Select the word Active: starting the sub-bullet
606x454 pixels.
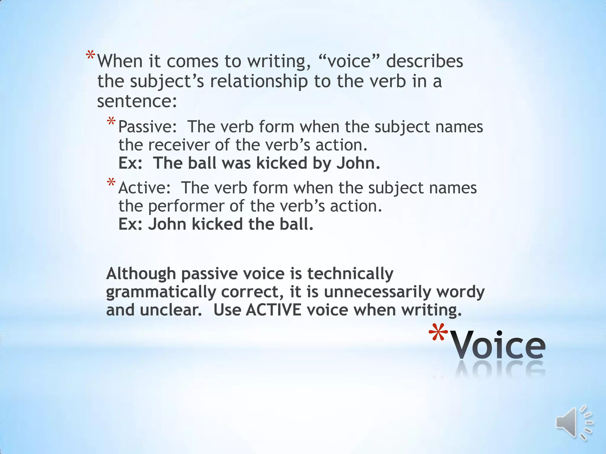pos(144,188)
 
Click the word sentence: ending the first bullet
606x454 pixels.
pos(137,101)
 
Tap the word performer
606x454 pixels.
pos(186,206)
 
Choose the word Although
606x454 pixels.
pos(141,273)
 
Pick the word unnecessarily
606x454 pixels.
pos(378,292)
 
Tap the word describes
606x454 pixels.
pos(424,61)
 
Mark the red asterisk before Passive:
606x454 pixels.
pos(111,121)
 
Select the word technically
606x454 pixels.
pos(350,273)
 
